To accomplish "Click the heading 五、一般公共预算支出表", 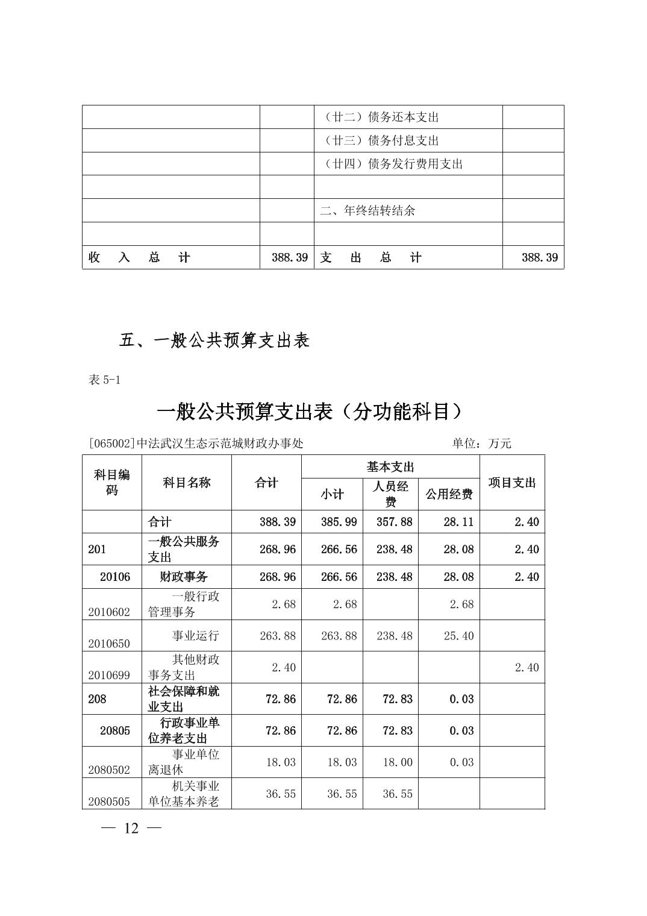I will click(x=214, y=340).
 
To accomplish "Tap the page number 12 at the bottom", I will click(x=131, y=828).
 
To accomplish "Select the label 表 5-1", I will click(x=104, y=380).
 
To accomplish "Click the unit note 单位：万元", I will click(x=481, y=444).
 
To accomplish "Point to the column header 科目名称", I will click(x=187, y=483).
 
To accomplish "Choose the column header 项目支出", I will click(x=512, y=483).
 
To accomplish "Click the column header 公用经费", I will click(x=449, y=495).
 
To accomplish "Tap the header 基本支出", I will click(x=390, y=467).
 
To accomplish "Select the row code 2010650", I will click(x=109, y=644).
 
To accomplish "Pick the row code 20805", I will click(x=114, y=731).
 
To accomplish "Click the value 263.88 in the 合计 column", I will click(x=278, y=636).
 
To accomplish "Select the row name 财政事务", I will click(x=183, y=577).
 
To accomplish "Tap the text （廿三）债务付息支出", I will click(x=378, y=140).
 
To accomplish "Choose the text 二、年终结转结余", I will click(x=367, y=211).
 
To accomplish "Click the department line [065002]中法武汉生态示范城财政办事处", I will click(x=196, y=444).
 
